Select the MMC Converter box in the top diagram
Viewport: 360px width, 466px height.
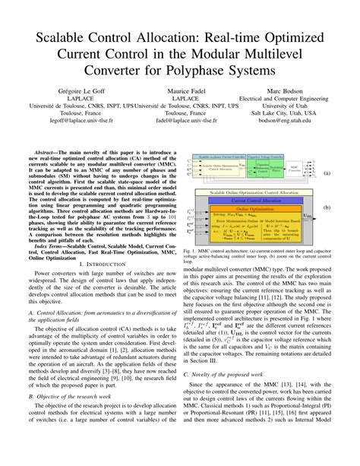[314, 165]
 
